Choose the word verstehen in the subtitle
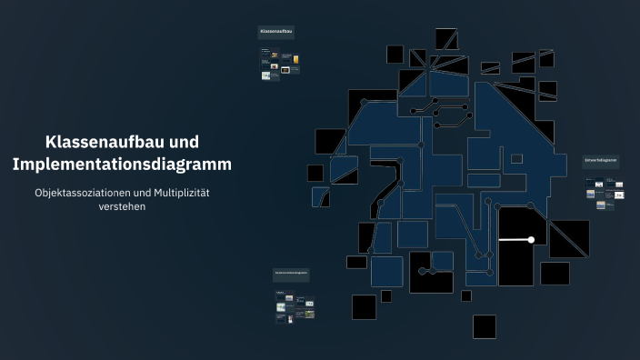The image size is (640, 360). click(122, 206)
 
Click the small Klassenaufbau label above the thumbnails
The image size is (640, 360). click(276, 32)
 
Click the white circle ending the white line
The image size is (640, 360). click(531, 240)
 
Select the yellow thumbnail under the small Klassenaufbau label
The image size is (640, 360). click(295, 60)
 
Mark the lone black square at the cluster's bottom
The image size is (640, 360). click(484, 326)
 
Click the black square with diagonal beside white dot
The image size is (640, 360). click(569, 238)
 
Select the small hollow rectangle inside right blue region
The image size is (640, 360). click(516, 158)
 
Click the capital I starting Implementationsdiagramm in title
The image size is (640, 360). click(15, 165)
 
